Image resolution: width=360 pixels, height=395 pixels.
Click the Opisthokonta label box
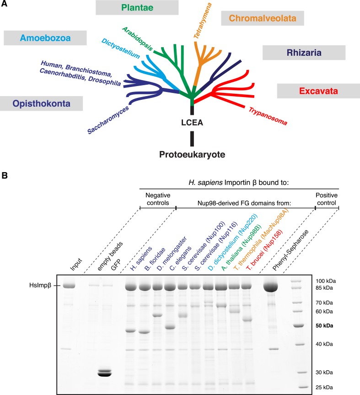tap(41, 103)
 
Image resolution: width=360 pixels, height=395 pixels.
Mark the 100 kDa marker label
tap(327, 280)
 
